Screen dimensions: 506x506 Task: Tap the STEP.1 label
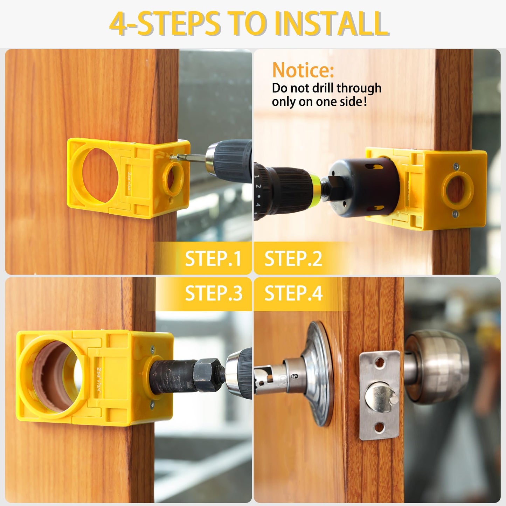tap(213, 259)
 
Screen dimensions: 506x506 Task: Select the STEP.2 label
tap(293, 259)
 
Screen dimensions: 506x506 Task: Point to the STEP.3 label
tap(213, 293)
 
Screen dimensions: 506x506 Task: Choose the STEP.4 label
tap(293, 293)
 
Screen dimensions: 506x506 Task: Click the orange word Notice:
tap(303, 70)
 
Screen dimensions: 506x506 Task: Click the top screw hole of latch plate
tap(379, 365)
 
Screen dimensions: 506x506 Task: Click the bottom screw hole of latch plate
tap(380, 427)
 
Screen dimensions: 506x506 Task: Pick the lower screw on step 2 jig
tap(455, 214)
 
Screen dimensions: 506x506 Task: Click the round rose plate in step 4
tap(319, 373)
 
